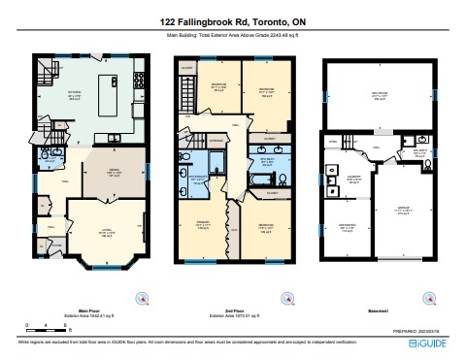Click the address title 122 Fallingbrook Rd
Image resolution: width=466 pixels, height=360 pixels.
pos(233,19)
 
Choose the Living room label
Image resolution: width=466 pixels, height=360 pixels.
pos(99,232)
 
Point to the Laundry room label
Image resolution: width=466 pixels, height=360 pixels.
pos(353,179)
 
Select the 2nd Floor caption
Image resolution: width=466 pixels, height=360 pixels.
pos(231,311)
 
